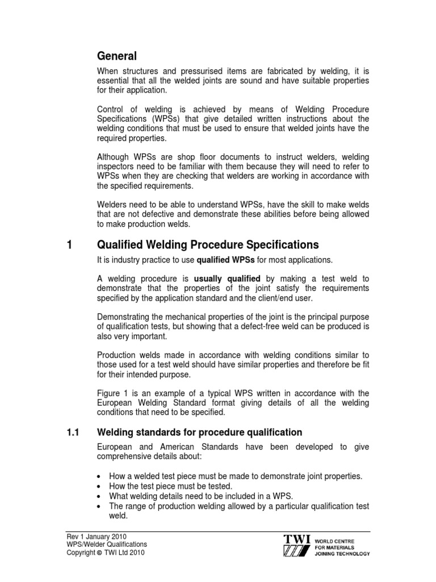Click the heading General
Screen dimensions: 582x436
pyautogui.click(x=117, y=56)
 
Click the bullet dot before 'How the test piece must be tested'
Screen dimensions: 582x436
pyautogui.click(x=100, y=487)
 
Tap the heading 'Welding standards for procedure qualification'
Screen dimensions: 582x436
pyautogui.click(x=200, y=433)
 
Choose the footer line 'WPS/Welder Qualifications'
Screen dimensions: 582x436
pyautogui.click(x=102, y=544)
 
